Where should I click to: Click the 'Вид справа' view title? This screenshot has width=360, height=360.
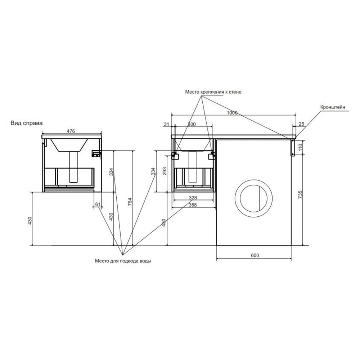coord(26,123)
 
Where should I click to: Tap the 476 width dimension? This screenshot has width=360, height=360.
coord(71,131)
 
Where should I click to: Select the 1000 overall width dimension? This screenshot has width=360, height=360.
coord(232,113)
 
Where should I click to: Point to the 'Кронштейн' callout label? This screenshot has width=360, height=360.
coord(333,107)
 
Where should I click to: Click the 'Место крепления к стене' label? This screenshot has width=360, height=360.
coord(213,92)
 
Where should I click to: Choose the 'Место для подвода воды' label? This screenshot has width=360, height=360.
coord(123,261)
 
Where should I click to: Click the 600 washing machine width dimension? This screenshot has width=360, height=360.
coord(255,255)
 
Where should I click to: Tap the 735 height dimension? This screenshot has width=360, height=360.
coord(300,195)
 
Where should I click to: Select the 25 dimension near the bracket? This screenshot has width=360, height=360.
coord(301,124)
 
